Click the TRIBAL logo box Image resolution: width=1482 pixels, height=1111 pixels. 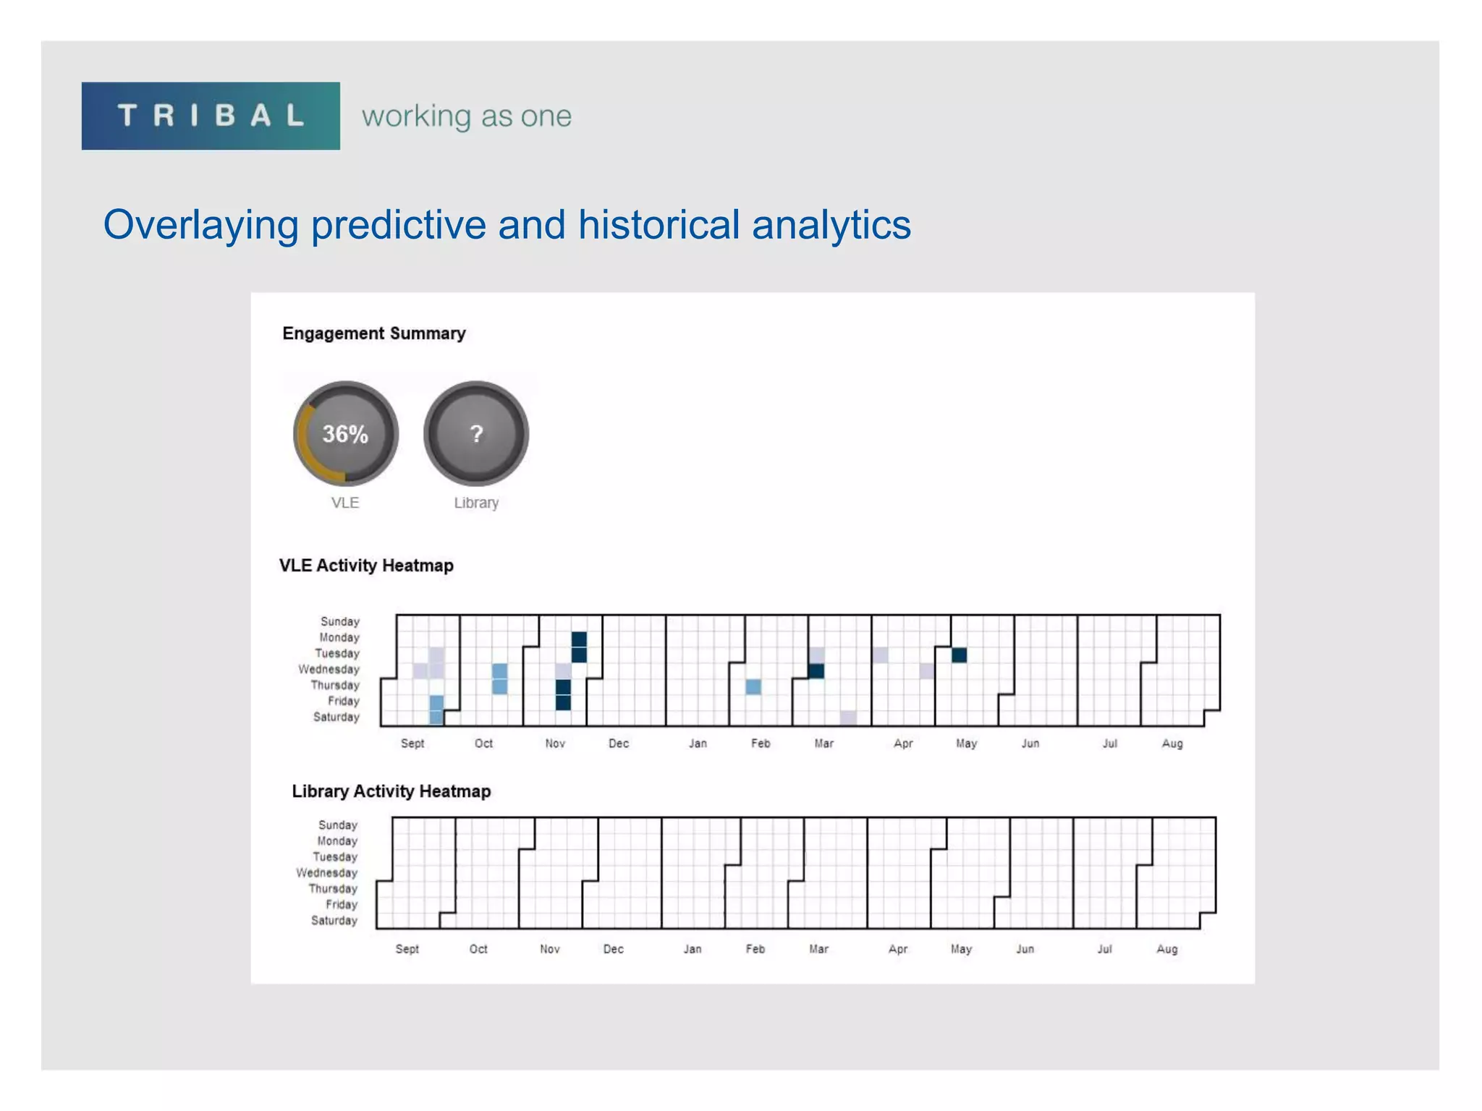pyautogui.click(x=210, y=116)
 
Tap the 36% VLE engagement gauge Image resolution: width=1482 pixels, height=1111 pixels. pyautogui.click(x=345, y=433)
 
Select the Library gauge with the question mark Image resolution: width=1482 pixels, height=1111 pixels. pyautogui.click(x=476, y=433)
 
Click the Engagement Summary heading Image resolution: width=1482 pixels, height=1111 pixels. pyautogui.click(x=373, y=333)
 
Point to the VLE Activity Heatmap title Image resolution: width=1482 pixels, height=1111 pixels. pyautogui.click(x=366, y=566)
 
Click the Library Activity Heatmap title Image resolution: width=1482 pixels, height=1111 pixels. pyautogui.click(x=391, y=791)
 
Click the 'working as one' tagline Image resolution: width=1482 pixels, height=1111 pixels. pyautogui.click(x=467, y=116)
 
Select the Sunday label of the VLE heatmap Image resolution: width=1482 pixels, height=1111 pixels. pyautogui.click(x=339, y=621)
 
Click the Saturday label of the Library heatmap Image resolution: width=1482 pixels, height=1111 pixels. pyautogui.click(x=334, y=921)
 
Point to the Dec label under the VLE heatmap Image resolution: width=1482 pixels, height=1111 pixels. pyautogui.click(x=619, y=744)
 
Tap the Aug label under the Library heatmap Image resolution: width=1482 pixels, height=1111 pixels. pyautogui.click(x=1166, y=949)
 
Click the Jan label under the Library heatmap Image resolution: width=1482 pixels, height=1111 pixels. pyautogui.click(x=693, y=949)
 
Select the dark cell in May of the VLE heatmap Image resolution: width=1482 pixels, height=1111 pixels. pyautogui.click(x=959, y=655)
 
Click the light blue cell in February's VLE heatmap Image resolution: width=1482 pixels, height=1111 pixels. pyautogui.click(x=753, y=686)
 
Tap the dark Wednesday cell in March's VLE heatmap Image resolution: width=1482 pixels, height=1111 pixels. pyautogui.click(x=816, y=671)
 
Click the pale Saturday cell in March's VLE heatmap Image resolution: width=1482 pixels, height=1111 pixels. pyautogui.click(x=848, y=718)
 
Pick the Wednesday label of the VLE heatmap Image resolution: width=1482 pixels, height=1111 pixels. pyautogui.click(x=329, y=669)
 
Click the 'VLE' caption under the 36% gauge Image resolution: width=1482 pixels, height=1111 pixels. pyautogui.click(x=345, y=503)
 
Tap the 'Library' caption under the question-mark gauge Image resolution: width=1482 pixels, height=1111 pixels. pyautogui.click(x=476, y=503)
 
